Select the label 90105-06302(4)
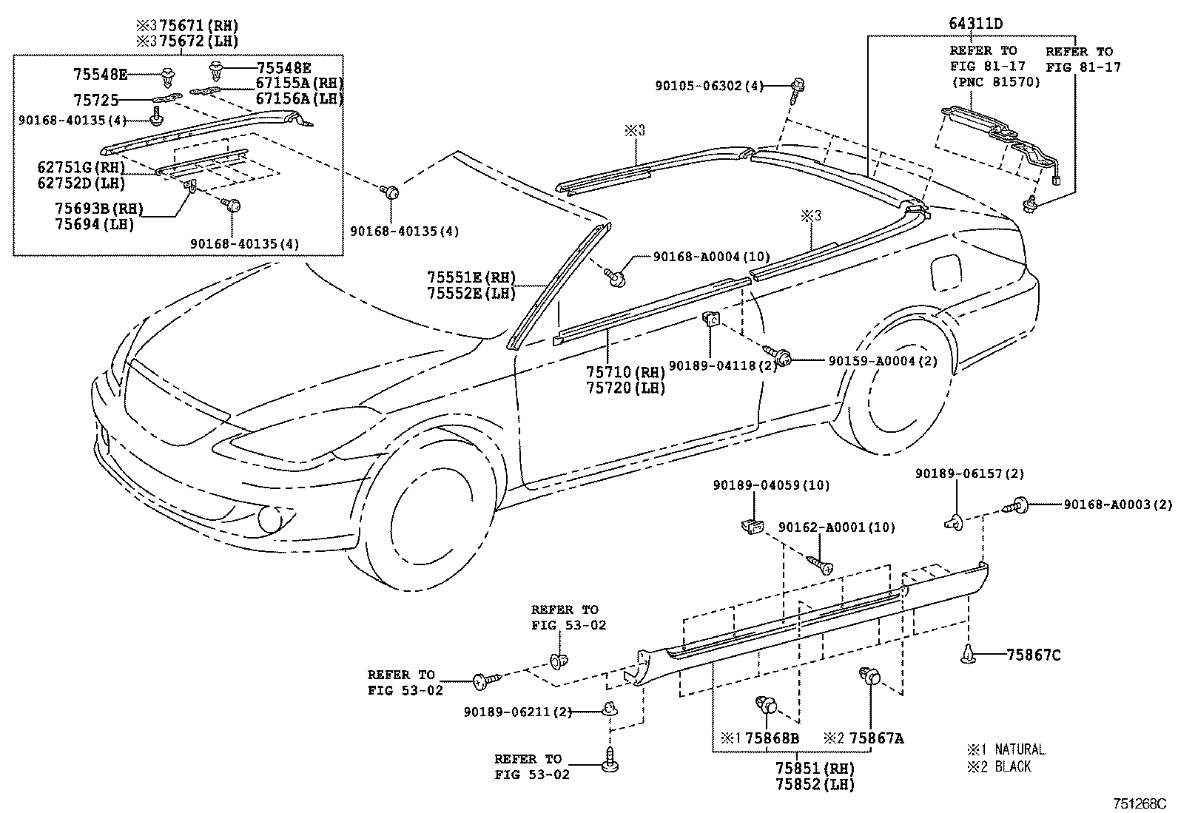coord(708,86)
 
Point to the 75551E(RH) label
coord(471,277)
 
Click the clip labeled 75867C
coord(968,654)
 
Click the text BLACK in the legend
coord(1012,766)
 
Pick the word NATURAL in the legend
coord(1019,749)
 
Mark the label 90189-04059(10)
coord(771,485)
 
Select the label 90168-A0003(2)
coord(1118,505)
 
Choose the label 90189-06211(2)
coord(518,712)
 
